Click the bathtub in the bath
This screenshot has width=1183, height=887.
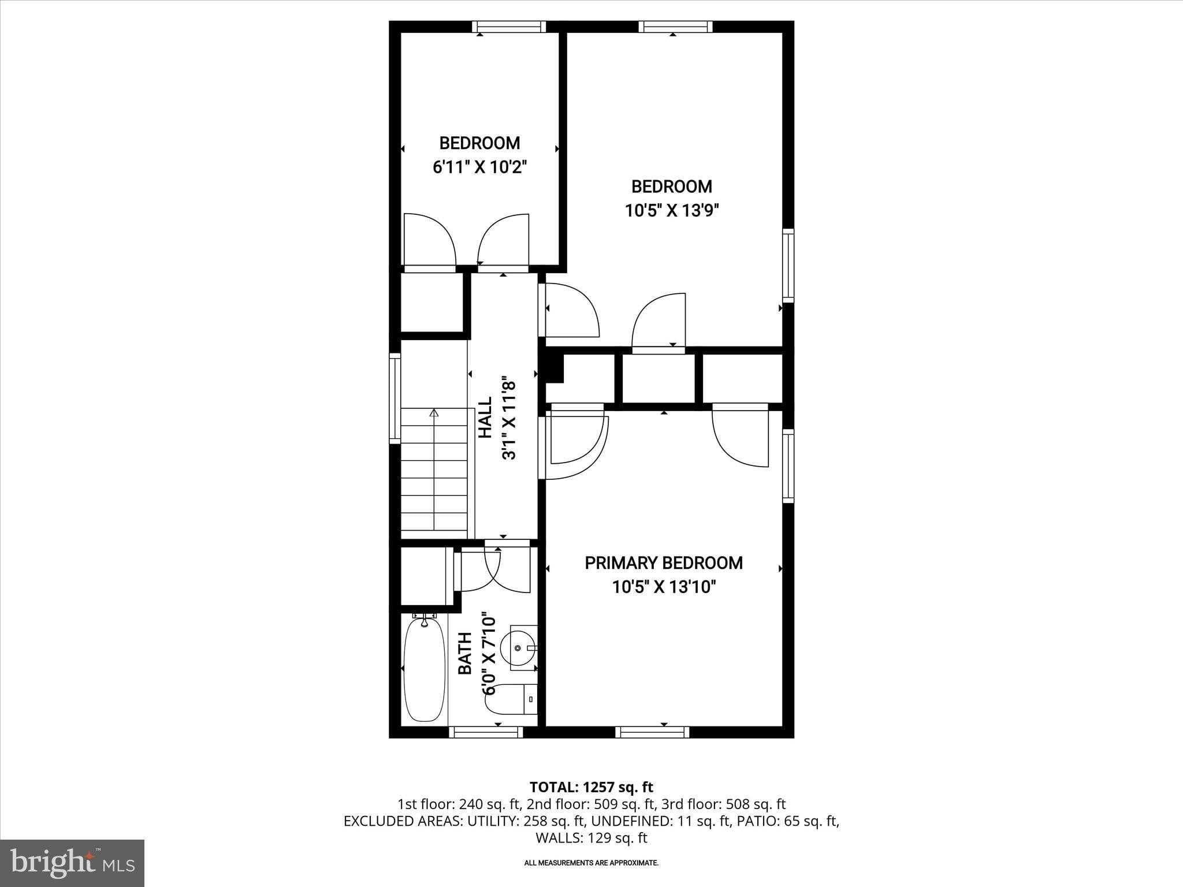coord(425,669)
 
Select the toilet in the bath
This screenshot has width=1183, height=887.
coord(511,699)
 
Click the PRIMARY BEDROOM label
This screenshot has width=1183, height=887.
coord(664,563)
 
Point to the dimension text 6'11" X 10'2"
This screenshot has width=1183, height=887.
coord(479,167)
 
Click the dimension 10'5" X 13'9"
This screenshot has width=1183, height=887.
coord(671,211)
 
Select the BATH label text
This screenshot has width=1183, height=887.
coord(465,653)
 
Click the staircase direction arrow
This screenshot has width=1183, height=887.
coord(434,413)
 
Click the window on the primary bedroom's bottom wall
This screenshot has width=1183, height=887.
coord(652,732)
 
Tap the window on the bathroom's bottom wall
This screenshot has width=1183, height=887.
coord(486,732)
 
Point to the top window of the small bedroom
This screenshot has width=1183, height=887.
coord(509,27)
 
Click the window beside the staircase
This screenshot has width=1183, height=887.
coord(395,398)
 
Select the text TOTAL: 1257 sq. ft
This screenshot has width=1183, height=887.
coord(591,787)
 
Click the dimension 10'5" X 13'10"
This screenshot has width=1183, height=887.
coord(664,587)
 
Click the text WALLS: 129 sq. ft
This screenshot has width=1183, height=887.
coord(591,838)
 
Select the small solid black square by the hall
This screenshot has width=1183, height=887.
coord(554,368)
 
